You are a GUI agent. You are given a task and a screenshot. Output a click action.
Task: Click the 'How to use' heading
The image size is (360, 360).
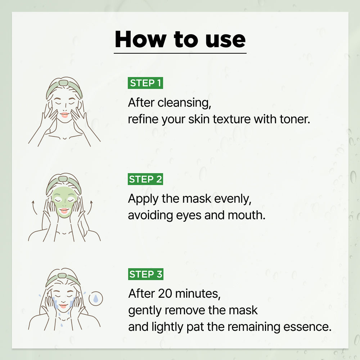180,39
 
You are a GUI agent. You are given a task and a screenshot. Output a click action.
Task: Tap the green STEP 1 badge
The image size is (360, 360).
145,83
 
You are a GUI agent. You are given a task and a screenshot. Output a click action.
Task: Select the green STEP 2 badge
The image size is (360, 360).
145,179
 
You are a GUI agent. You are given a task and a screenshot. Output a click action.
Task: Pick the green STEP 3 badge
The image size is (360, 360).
145,274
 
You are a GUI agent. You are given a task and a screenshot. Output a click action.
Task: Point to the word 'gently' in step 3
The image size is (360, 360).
144,311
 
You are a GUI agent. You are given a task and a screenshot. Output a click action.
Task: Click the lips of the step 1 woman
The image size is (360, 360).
64,115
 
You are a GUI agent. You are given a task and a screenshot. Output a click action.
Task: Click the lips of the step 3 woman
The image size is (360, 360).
64,306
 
